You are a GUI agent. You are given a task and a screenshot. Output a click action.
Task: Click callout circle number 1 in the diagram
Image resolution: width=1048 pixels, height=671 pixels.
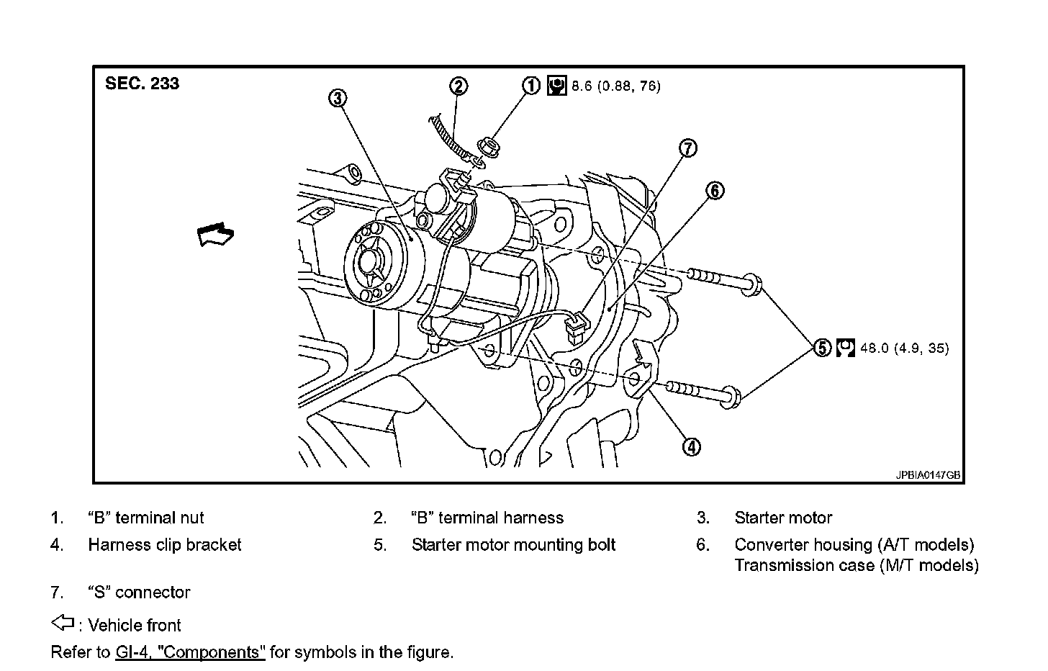(x=530, y=86)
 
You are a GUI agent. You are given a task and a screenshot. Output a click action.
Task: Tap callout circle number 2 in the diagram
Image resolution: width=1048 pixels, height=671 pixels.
(x=458, y=86)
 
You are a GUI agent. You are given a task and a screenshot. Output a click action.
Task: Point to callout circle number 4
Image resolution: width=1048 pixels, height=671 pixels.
(x=690, y=447)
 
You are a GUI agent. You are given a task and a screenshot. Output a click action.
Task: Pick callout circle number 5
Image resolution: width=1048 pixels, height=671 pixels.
(x=822, y=348)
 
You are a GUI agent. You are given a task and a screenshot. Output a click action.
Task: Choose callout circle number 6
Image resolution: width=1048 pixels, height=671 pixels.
(x=714, y=191)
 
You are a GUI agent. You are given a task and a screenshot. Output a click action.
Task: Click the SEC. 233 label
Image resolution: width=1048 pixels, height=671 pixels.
(x=142, y=84)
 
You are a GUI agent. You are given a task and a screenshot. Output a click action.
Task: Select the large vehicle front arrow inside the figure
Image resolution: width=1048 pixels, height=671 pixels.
(x=216, y=235)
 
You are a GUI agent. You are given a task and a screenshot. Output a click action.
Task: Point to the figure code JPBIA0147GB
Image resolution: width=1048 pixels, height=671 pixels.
(x=928, y=476)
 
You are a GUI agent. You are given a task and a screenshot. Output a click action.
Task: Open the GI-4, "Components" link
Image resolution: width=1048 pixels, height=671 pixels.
(x=190, y=653)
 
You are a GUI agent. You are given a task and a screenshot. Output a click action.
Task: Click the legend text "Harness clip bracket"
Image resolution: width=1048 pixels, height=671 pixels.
(x=165, y=545)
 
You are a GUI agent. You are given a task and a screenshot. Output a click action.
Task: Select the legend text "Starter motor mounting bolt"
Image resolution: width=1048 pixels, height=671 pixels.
(x=513, y=545)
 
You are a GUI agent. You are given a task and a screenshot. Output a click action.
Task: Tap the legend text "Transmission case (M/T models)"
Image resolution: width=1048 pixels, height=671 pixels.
(x=856, y=565)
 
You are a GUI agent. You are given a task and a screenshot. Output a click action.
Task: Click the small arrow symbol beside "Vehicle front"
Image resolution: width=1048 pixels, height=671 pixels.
(x=63, y=623)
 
